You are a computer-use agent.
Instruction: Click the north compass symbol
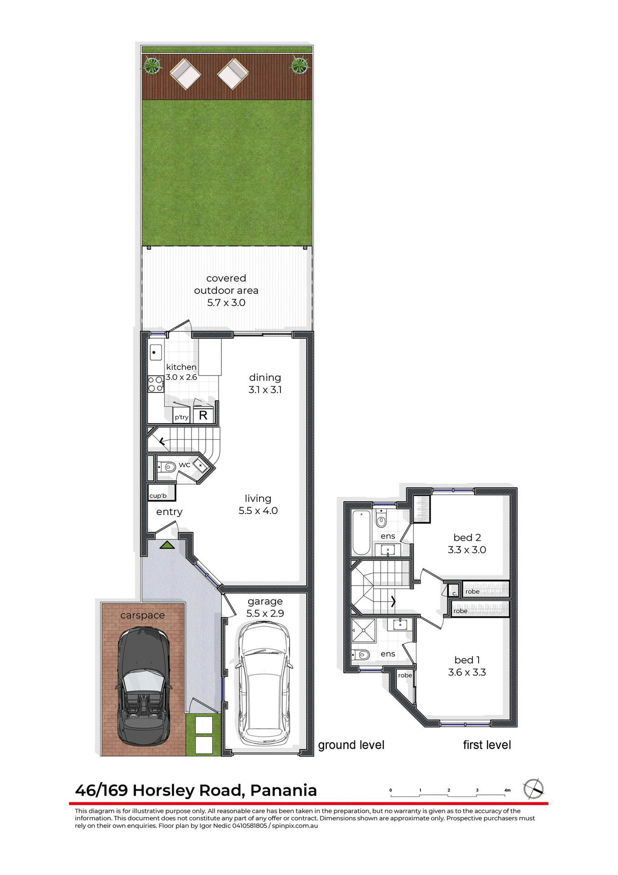point(533,789)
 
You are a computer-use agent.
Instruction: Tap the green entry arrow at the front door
point(167,545)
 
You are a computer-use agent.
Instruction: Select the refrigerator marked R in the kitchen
point(203,415)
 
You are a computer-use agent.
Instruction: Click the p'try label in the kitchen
point(181,417)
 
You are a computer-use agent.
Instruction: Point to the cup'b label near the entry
point(158,495)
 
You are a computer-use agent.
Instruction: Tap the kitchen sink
point(156,352)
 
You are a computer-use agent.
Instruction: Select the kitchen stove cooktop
point(155,384)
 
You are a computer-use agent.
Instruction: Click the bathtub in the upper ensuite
point(361,532)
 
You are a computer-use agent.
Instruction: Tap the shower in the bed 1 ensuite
point(363,630)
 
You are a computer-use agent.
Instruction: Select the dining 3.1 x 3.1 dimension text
point(265,390)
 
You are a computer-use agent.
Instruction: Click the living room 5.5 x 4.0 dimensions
point(258,511)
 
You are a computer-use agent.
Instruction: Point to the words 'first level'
point(487,745)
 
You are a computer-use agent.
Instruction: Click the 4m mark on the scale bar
point(507,790)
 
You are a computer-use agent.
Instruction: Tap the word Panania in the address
point(283,790)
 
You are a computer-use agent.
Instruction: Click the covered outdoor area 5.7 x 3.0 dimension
point(226,303)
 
